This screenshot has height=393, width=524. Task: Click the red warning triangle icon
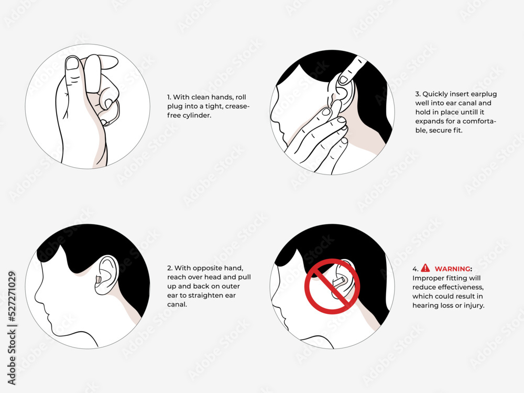tap(425, 268)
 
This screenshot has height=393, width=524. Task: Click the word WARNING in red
tap(453, 268)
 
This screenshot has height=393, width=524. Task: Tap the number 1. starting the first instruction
tap(169, 97)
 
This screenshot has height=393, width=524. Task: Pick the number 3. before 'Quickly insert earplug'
tap(418, 94)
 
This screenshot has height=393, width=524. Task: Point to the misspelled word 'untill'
tap(475, 112)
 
